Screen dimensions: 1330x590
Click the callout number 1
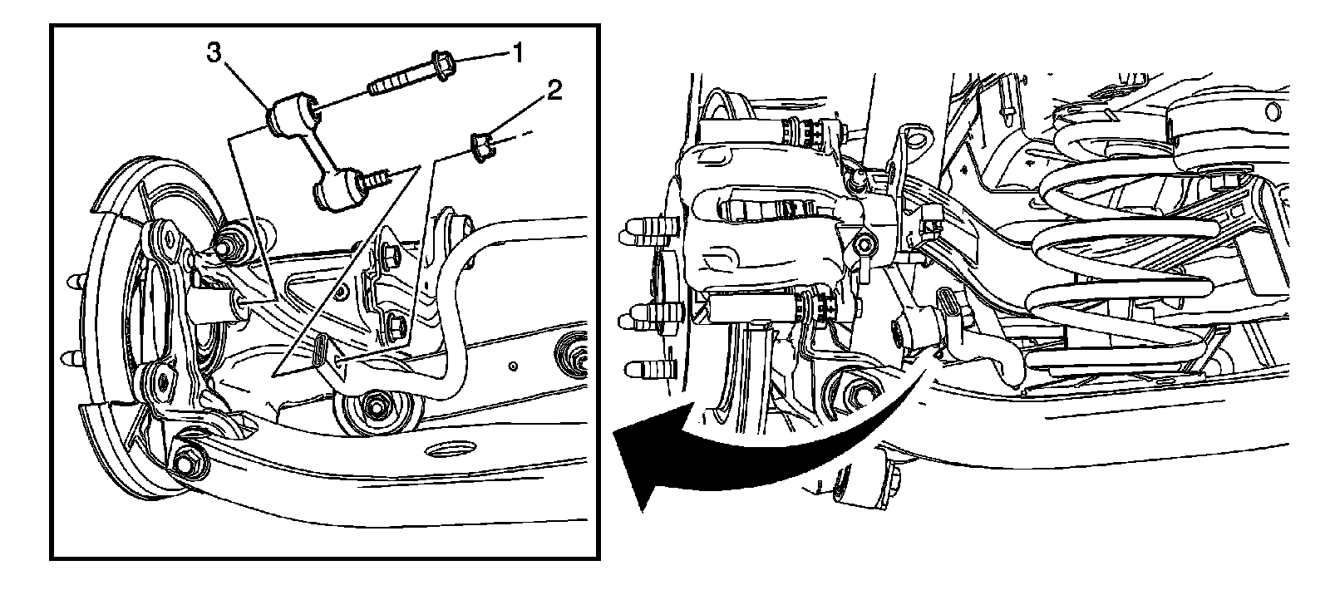pyautogui.click(x=518, y=52)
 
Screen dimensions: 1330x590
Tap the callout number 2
pyautogui.click(x=554, y=91)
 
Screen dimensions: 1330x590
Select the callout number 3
pyautogui.click(x=214, y=52)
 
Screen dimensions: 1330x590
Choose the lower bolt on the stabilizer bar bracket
pyautogui.click(x=396, y=327)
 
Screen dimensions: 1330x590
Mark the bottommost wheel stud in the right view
pyautogui.click(x=651, y=369)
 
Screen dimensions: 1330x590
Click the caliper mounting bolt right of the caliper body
pyautogui.click(x=864, y=244)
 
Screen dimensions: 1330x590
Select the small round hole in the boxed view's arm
pyautogui.click(x=513, y=366)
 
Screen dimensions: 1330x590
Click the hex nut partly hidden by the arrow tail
pyautogui.click(x=855, y=393)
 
